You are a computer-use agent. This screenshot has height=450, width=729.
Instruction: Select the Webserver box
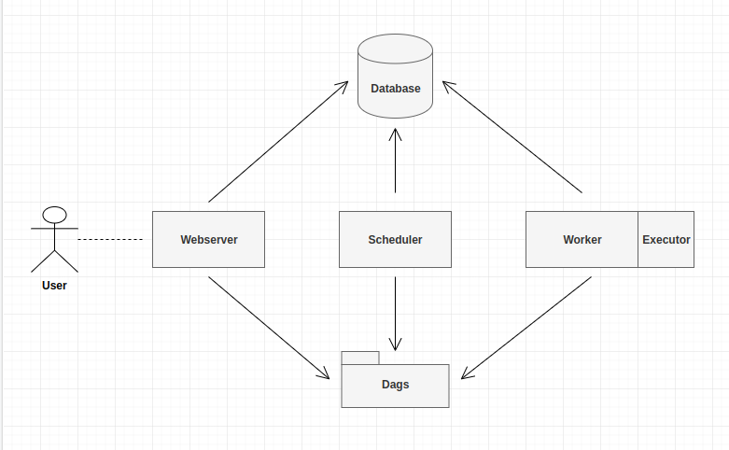point(208,239)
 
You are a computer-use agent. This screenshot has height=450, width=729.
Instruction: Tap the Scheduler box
point(395,239)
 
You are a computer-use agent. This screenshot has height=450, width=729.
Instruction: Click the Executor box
point(666,239)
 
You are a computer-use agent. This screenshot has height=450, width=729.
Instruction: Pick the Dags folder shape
point(395,386)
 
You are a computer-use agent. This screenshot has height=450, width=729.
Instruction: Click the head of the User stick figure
point(55,215)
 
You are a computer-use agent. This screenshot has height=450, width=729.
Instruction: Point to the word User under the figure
point(54,286)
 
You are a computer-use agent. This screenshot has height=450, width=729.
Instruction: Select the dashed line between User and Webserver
point(110,240)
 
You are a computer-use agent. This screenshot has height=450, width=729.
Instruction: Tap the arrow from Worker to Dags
point(526,328)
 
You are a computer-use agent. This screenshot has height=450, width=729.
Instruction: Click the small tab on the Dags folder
point(360,358)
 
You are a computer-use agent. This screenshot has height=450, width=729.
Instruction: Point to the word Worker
point(582,240)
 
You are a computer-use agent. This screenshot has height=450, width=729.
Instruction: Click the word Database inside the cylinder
point(395,89)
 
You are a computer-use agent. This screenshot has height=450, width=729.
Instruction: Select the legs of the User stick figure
point(55,259)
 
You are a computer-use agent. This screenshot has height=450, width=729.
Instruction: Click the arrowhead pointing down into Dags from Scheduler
point(395,344)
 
